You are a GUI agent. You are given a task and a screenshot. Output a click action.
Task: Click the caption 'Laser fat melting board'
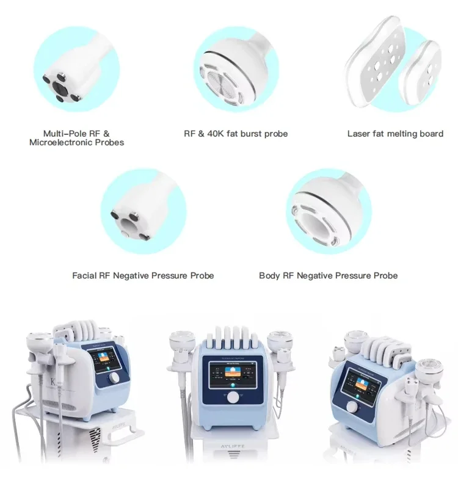pyautogui.click(x=395, y=134)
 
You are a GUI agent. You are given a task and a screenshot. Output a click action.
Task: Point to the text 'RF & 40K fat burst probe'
pyautogui.click(x=236, y=134)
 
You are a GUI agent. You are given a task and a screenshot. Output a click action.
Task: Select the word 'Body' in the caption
pyautogui.click(x=269, y=276)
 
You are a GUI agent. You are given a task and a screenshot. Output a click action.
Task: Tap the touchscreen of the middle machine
pyautogui.click(x=233, y=369)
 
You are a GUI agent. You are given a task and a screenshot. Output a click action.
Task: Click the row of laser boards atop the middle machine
pyautogui.click(x=231, y=333)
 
